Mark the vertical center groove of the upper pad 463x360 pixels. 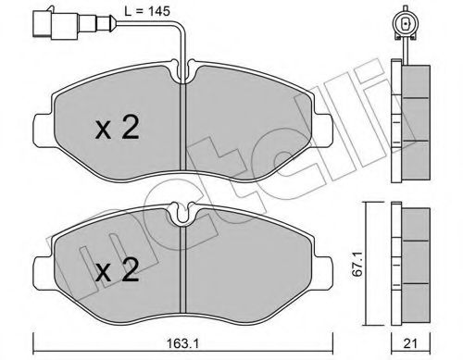click(x=189, y=130)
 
